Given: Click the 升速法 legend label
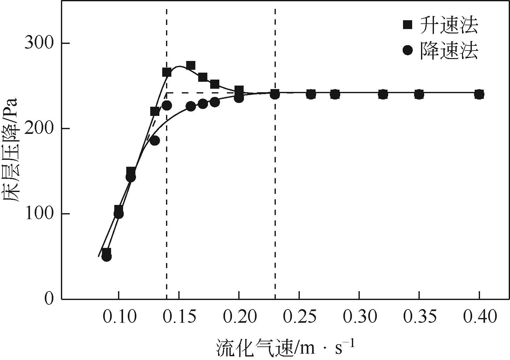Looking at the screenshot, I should pyautogui.click(x=448, y=25).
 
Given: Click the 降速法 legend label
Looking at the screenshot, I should pyautogui.click(x=448, y=50).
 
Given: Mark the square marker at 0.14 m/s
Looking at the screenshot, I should pyautogui.click(x=167, y=72).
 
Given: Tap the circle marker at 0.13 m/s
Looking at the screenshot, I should pyautogui.click(x=155, y=141).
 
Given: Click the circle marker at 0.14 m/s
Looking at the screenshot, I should pyautogui.click(x=167, y=105).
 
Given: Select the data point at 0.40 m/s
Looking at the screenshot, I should pyautogui.click(x=479, y=94).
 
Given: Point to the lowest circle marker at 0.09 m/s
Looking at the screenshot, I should pyautogui.click(x=107, y=256).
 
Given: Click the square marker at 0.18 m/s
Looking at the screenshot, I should pyautogui.click(x=215, y=84).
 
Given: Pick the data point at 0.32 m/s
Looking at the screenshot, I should pyautogui.click(x=383, y=94).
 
